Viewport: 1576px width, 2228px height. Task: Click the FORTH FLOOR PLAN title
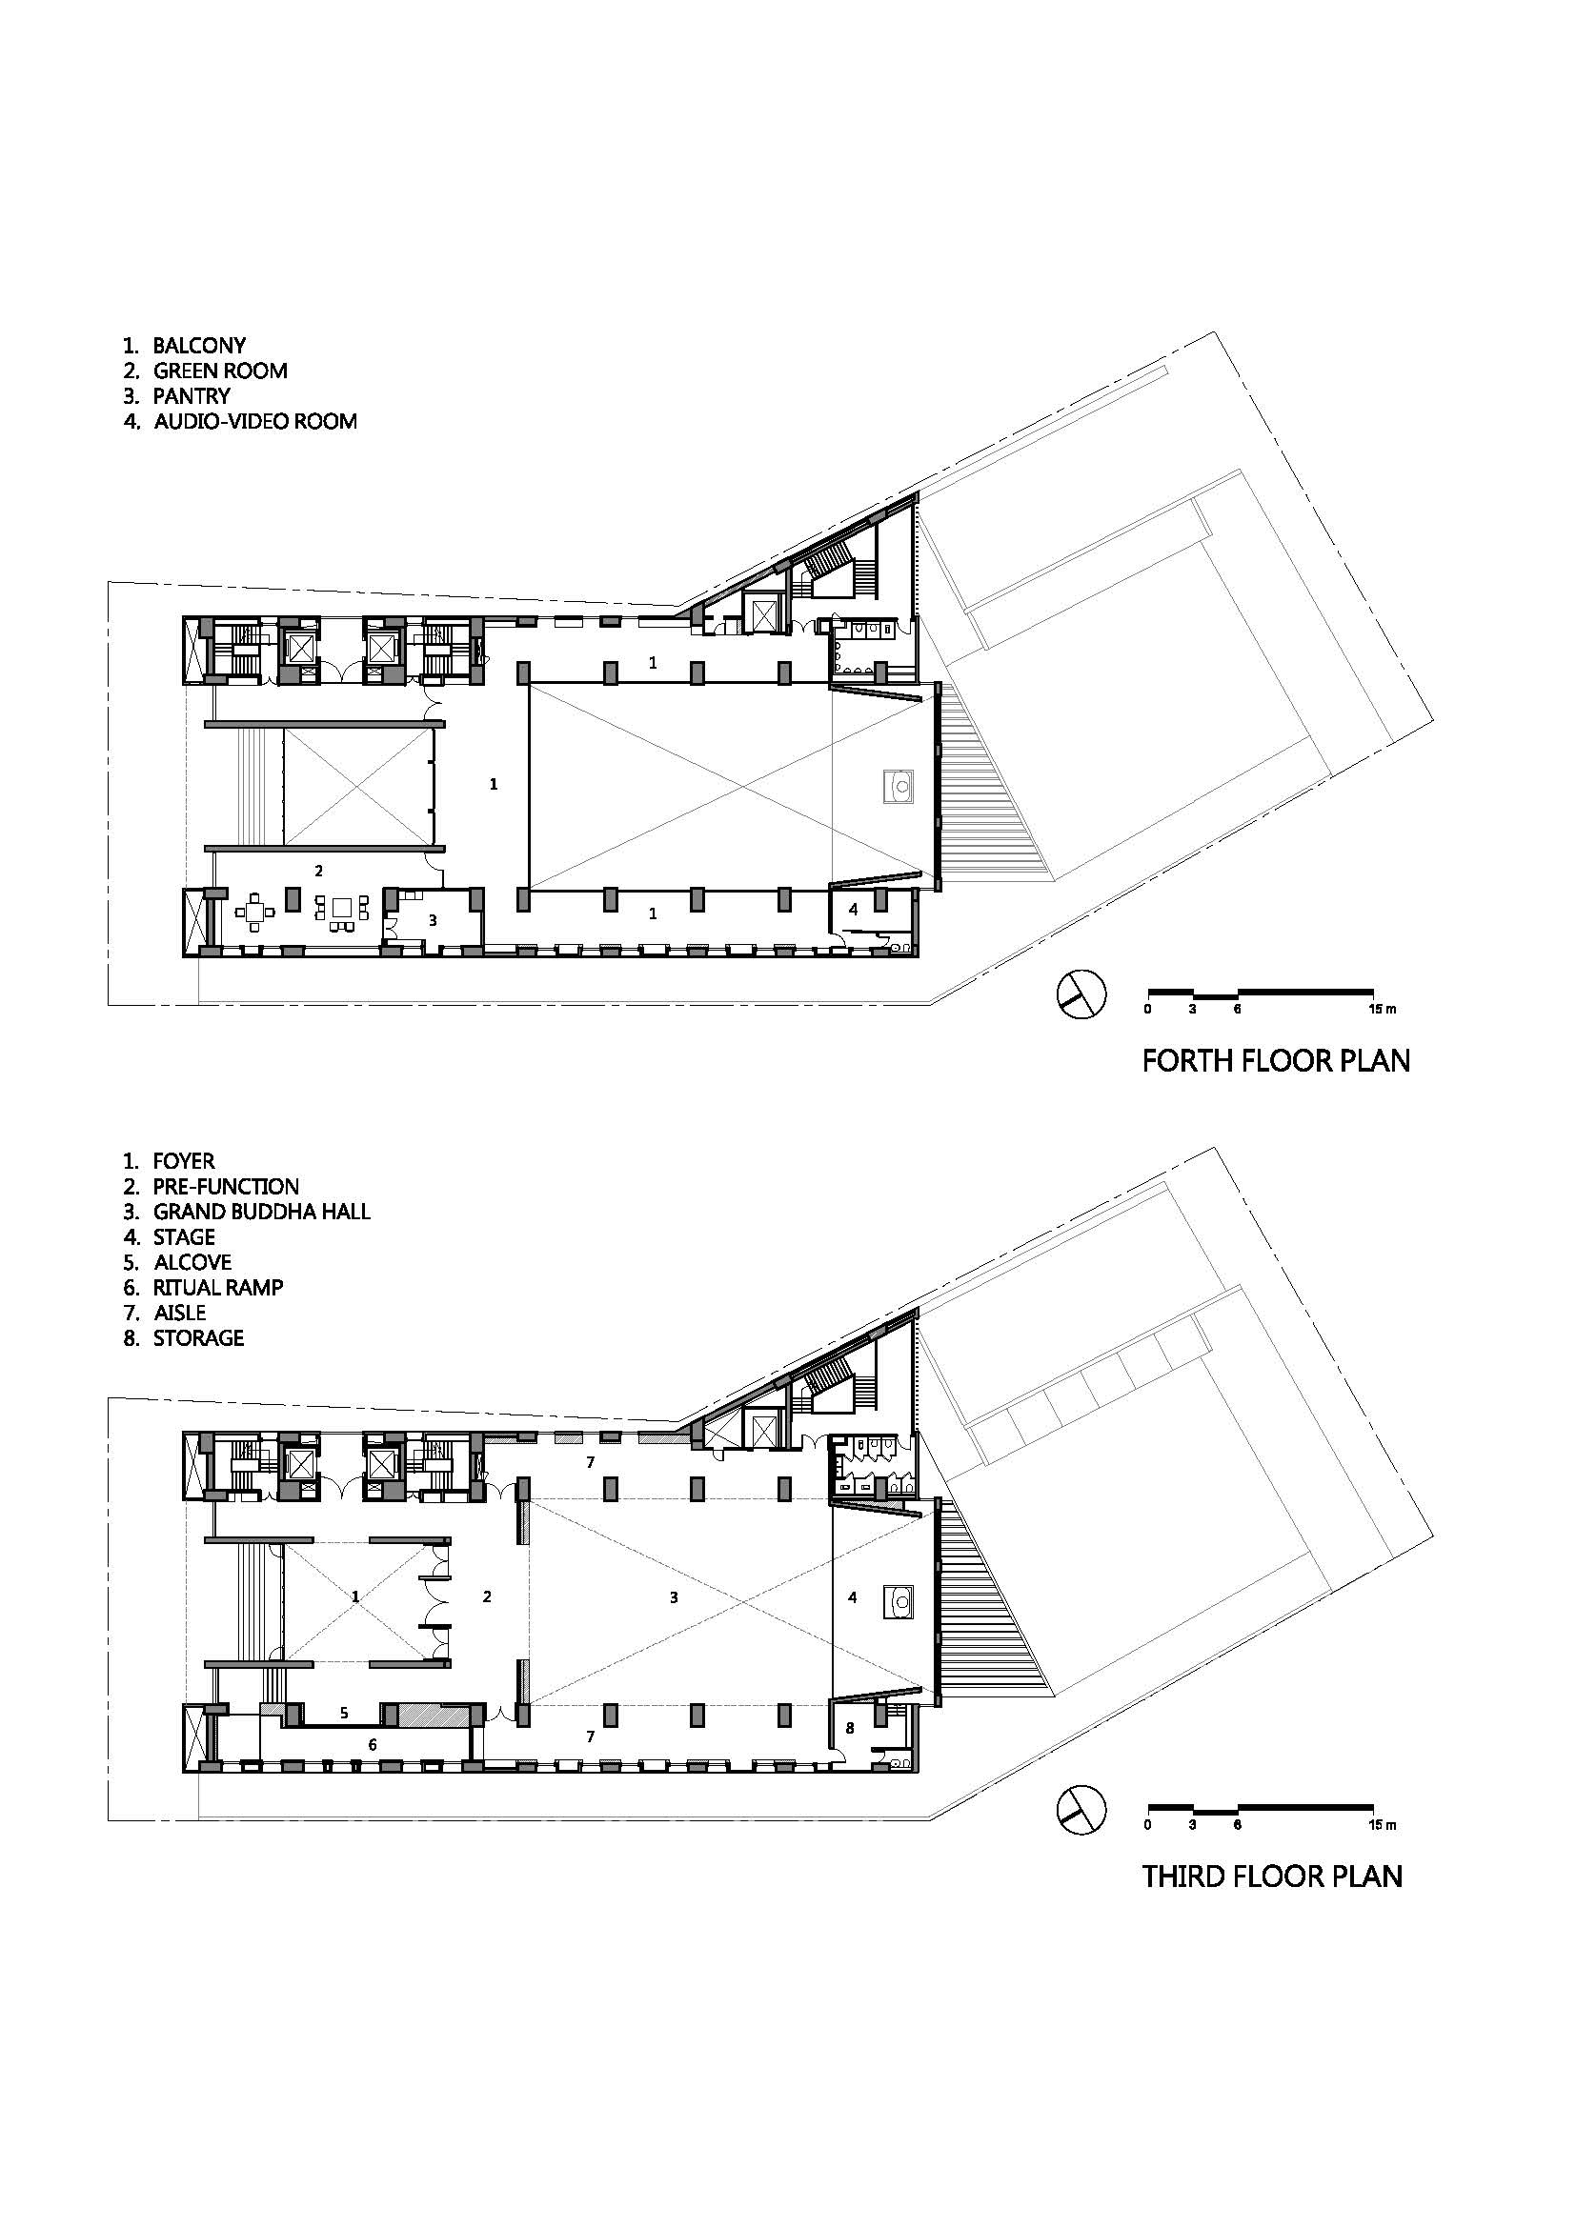point(1275,1060)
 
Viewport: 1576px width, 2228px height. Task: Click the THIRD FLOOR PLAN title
point(1272,1877)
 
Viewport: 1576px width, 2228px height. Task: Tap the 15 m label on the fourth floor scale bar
point(1382,1009)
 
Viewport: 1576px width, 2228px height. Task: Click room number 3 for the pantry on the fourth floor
point(433,920)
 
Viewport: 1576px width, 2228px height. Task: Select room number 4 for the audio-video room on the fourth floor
point(853,910)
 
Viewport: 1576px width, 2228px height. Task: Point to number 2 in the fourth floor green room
point(318,871)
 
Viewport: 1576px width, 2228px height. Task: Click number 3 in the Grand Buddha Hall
point(674,1596)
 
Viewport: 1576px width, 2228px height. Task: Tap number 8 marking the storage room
point(851,1727)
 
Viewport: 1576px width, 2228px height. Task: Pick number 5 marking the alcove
point(344,1714)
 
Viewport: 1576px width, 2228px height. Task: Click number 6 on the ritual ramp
point(372,1744)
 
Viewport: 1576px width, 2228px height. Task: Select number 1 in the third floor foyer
point(356,1596)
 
